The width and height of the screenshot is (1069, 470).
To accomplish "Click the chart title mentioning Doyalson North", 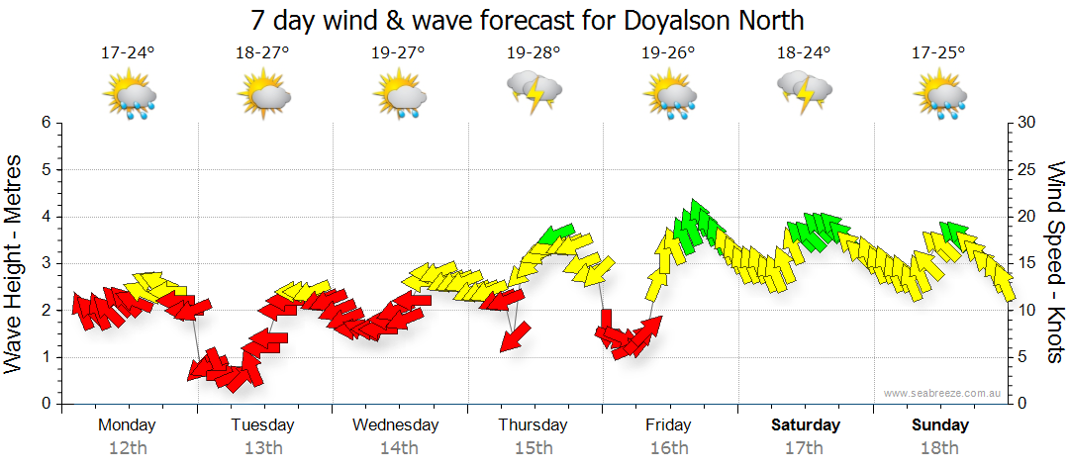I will (x=528, y=20).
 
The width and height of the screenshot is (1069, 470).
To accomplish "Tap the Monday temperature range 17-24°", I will (x=129, y=52).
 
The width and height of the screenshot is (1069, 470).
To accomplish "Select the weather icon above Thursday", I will (x=534, y=93).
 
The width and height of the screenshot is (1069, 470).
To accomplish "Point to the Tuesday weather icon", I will (x=263, y=96).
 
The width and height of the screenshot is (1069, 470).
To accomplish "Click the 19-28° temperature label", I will (x=534, y=52).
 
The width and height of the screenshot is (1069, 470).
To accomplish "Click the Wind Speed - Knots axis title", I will (x=1055, y=262).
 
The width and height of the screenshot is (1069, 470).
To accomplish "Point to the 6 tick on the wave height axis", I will (x=45, y=123).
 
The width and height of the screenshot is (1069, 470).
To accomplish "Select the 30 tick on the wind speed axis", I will (x=1028, y=123).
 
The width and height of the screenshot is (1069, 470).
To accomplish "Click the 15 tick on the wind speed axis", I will (x=1028, y=263).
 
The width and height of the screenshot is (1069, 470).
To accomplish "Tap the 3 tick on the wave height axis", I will (x=45, y=263).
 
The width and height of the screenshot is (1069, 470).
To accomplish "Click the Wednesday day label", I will (x=396, y=425).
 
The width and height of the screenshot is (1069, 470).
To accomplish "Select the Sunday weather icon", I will (x=939, y=96).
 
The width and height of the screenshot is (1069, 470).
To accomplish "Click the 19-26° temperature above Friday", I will (x=668, y=52).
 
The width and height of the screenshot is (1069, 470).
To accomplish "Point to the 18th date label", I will (x=939, y=448).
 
